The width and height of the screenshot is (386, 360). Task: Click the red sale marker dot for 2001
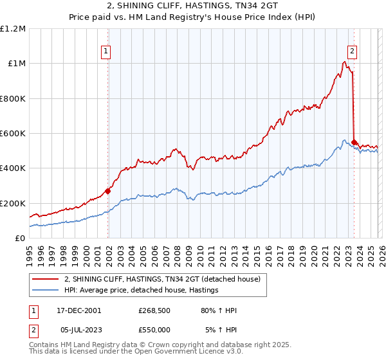point(108,191)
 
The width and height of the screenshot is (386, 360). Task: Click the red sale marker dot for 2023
point(354,141)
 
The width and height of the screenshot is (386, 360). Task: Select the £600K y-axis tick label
point(13,134)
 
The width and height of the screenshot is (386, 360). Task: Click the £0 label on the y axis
point(19,238)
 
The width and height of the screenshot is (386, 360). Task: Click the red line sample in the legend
point(46,280)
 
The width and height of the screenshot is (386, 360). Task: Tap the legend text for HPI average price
point(142,291)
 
